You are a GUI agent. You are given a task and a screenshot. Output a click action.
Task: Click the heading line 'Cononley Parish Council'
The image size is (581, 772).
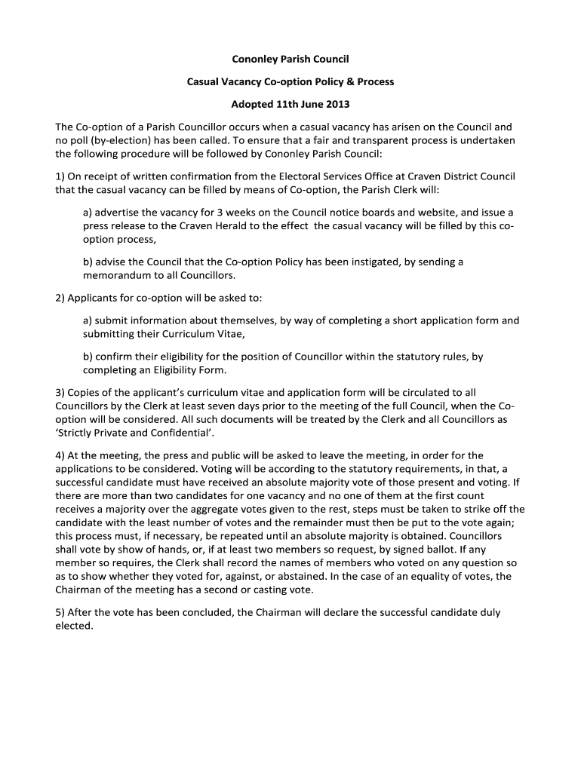pyautogui.click(x=290, y=58)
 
